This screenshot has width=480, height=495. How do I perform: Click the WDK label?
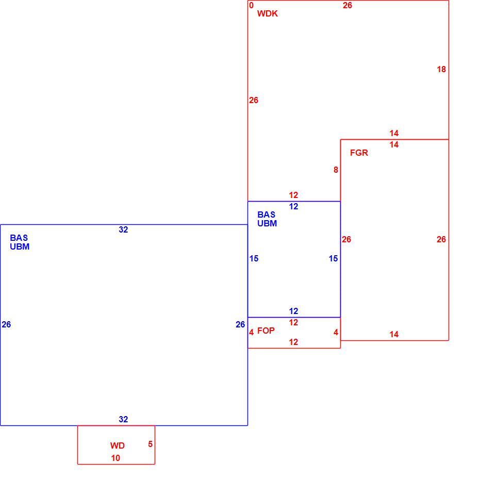(x=267, y=13)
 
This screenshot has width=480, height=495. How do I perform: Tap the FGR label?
(x=359, y=153)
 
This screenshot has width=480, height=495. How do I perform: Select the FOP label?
(x=266, y=331)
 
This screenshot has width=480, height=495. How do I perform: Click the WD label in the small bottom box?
(x=118, y=445)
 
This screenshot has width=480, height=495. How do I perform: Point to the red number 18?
(x=441, y=69)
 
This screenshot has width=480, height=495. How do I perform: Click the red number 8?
(x=336, y=170)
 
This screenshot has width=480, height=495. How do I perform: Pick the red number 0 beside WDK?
(x=251, y=5)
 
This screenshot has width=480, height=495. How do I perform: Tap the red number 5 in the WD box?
(x=150, y=444)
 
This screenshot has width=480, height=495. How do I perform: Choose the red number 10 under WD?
(x=115, y=458)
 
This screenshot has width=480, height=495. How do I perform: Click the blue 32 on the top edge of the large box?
(x=123, y=229)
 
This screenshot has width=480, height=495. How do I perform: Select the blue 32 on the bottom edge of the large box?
(x=123, y=419)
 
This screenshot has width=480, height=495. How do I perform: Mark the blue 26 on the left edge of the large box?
(x=6, y=324)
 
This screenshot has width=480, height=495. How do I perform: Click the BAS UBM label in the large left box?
(x=20, y=242)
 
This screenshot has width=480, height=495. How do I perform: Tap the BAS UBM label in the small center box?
(x=267, y=219)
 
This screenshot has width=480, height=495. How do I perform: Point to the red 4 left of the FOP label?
(x=252, y=332)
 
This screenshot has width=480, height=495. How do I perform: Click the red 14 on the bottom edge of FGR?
(x=394, y=334)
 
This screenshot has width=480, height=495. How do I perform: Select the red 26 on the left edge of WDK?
(x=254, y=100)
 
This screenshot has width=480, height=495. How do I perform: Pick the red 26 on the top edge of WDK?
(x=347, y=5)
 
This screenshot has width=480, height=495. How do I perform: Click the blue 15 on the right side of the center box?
(x=333, y=258)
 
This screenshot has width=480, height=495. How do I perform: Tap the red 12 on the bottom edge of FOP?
(x=293, y=342)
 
